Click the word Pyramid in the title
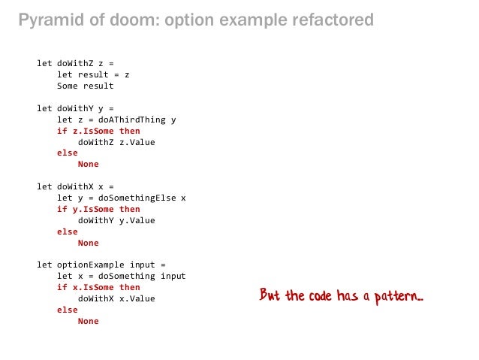(x=46, y=20)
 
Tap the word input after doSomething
(x=173, y=276)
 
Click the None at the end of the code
(x=88, y=321)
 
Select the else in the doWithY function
(x=67, y=153)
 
